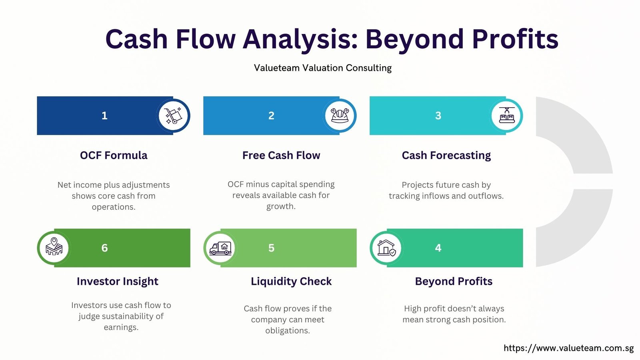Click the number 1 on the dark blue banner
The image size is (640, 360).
[x=104, y=116]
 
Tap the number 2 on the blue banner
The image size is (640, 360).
[x=271, y=116]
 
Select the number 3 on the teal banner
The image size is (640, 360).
[x=438, y=116]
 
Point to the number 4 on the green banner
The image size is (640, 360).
[x=438, y=248]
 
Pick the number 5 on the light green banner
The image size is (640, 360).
[x=271, y=248]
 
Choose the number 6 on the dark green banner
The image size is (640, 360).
[x=104, y=248]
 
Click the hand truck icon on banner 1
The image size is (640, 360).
[x=174, y=116]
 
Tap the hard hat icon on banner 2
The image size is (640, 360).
[x=340, y=116]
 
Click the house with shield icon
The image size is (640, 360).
[x=386, y=248]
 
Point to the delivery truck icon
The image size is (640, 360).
[x=220, y=248]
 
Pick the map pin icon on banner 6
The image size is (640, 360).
[x=54, y=246]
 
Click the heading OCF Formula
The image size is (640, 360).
[x=114, y=155]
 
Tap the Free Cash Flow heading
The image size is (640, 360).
[x=281, y=155]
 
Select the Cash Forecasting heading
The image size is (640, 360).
[x=446, y=156]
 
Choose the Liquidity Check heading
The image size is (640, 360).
[x=291, y=282]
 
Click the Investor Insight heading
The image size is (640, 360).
[x=118, y=282]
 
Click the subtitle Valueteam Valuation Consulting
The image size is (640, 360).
[x=323, y=68]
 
